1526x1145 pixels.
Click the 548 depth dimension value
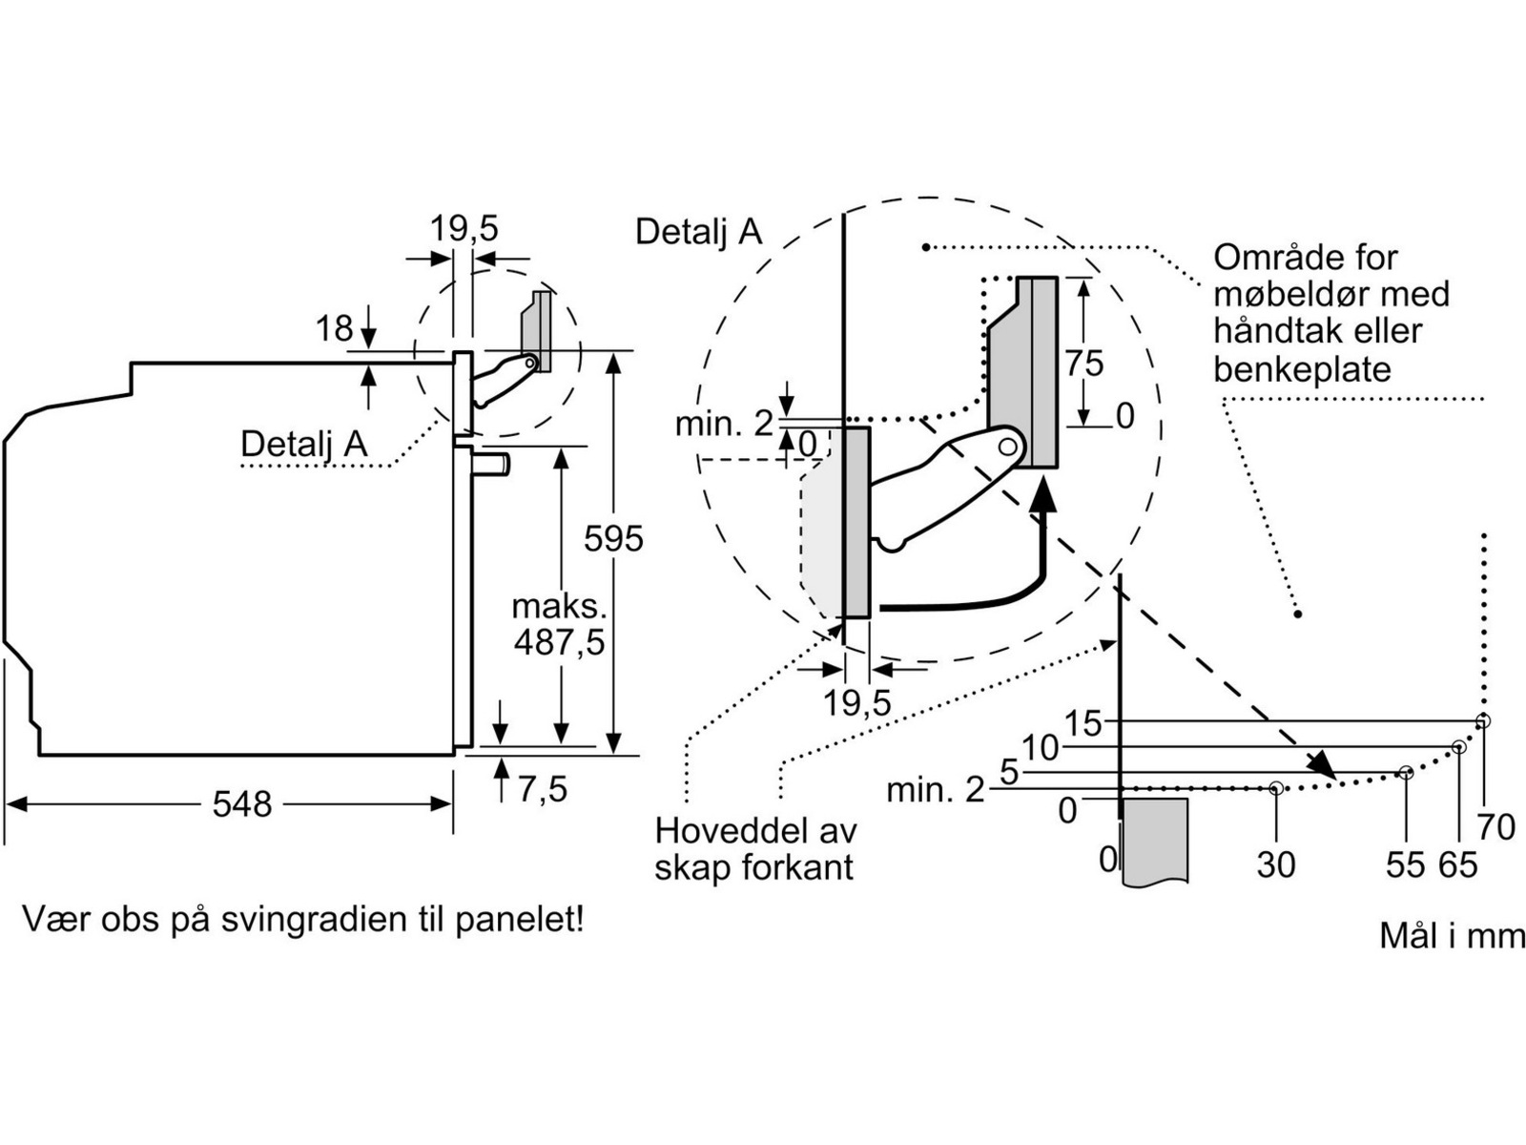(x=241, y=804)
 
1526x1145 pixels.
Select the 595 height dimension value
(x=613, y=539)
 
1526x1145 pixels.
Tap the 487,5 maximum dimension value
(x=559, y=642)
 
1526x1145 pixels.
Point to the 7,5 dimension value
(x=543, y=789)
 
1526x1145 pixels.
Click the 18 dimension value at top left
(x=334, y=329)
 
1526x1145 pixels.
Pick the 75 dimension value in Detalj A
(x=1084, y=364)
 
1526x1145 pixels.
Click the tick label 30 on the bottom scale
(x=1275, y=864)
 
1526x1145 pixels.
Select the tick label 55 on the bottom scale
(x=1405, y=864)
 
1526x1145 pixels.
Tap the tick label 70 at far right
(x=1495, y=827)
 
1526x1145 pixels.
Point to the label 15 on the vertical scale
(x=1083, y=724)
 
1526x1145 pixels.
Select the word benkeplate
(x=1302, y=369)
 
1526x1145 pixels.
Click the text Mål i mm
(x=1452, y=936)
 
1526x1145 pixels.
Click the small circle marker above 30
(x=1276, y=788)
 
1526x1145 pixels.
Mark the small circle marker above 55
(x=1406, y=772)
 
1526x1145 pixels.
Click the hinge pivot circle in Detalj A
(x=1007, y=446)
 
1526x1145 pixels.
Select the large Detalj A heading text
(x=698, y=232)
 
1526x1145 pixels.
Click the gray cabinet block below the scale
(x=1155, y=840)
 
